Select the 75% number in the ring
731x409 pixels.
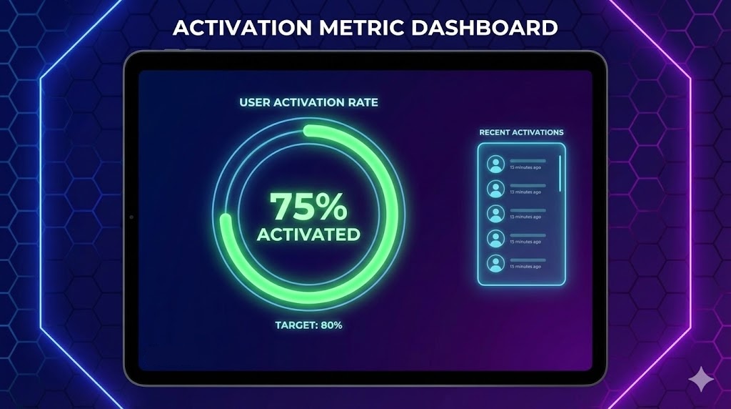point(308,207)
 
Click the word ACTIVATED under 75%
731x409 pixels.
point(308,235)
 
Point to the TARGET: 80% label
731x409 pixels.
point(308,325)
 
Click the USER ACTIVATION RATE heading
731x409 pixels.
point(308,102)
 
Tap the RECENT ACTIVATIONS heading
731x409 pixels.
point(521,132)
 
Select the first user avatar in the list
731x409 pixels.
point(495,164)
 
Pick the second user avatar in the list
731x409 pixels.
point(495,189)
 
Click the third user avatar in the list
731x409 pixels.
point(495,213)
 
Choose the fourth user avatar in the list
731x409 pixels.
point(495,238)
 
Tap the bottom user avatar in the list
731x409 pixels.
point(495,262)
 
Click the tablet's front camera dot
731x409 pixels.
point(131,217)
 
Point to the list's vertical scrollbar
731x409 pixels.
point(560,173)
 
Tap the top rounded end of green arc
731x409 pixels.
point(308,131)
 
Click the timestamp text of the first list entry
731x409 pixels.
point(525,168)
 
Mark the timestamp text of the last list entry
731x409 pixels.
point(525,266)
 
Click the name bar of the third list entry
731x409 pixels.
point(528,210)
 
